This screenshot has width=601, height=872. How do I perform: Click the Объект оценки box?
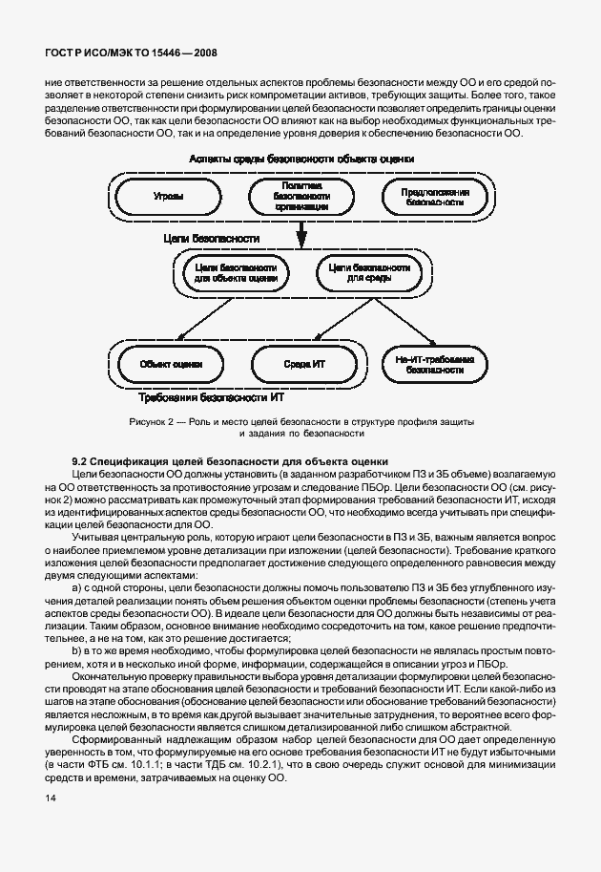(171, 364)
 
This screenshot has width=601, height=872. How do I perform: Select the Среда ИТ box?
(305, 364)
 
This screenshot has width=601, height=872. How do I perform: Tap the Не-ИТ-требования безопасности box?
(434, 365)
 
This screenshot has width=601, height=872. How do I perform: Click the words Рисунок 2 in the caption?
(150, 421)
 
